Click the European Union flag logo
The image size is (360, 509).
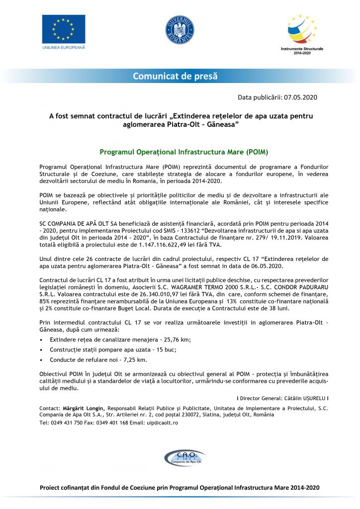point(63,28)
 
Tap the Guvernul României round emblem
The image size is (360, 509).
point(180,29)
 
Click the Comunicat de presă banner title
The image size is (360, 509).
point(175,76)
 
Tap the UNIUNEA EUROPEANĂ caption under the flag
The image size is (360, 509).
point(63,47)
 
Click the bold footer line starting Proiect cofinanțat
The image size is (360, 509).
point(180,488)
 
